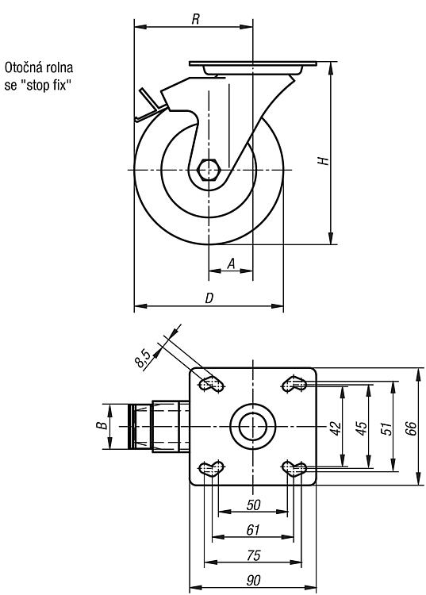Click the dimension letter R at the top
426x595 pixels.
click(195, 19)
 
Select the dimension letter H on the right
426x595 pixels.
click(323, 160)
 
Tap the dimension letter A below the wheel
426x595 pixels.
click(231, 263)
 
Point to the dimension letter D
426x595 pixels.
click(209, 298)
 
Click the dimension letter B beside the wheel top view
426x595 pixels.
click(101, 425)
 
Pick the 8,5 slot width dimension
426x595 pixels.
click(143, 359)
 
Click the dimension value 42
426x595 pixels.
click(336, 428)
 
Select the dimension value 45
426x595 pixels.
click(362, 428)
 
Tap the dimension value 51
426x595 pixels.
click(386, 428)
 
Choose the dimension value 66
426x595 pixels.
click(411, 428)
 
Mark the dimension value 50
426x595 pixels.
click(253, 505)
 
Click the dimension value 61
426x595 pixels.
click(253, 530)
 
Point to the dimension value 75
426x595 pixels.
click(253, 555)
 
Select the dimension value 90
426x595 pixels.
click(253, 581)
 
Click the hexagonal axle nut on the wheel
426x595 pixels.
click(209, 170)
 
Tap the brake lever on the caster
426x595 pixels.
click(151, 106)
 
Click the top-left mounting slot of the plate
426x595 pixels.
click(211, 384)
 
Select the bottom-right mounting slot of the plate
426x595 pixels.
click(294, 469)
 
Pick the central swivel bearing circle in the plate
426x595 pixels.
click(252, 426)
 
